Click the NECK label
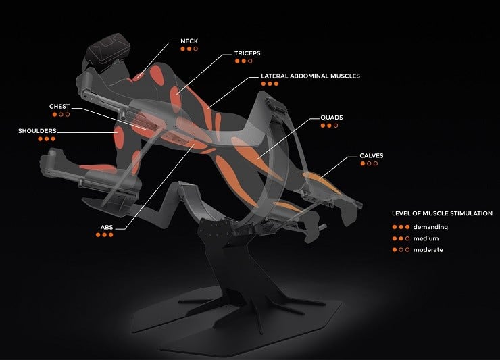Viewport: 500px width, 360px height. (189, 41)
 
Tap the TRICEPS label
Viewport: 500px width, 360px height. (247, 53)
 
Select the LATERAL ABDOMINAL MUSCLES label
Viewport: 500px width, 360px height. (310, 76)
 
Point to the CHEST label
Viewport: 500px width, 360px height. (59, 107)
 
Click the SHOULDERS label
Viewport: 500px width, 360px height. (37, 131)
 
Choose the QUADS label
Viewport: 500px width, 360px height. (332, 118)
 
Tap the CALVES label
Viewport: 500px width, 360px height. (371, 155)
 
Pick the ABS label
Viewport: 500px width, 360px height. (107, 228)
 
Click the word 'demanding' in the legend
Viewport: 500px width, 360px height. (430, 227)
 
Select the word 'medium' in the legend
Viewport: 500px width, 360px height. (426, 238)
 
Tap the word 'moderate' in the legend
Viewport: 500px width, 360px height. (428, 250)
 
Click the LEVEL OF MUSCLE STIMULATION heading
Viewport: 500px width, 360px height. (442, 213)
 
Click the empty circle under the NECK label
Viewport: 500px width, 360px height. (196, 49)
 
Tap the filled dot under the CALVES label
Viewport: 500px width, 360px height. (363, 163)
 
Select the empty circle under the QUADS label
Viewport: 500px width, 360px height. (336, 126)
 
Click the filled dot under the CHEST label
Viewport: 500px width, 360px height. (55, 114)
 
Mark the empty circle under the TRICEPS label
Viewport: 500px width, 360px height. (250, 61)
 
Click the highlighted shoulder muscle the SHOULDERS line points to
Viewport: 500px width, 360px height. (118, 137)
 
